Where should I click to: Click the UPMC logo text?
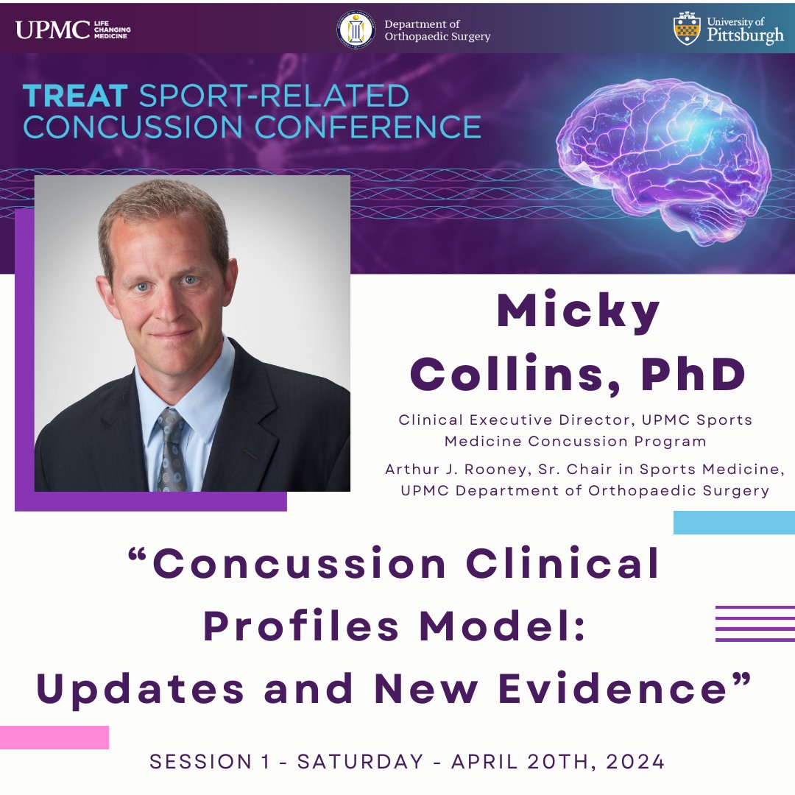pos(52,30)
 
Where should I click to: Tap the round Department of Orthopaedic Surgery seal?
pos(356,30)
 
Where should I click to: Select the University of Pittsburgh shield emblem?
pos(687,29)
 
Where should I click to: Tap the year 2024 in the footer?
pos(636,762)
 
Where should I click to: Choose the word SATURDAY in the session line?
pos(361,762)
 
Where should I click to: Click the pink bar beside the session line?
pos(54,737)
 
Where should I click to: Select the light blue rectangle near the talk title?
pos(734,522)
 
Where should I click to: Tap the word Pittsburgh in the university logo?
pos(744,36)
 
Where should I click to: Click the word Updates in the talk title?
pos(140,689)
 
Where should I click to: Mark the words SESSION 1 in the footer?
pos(206,762)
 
